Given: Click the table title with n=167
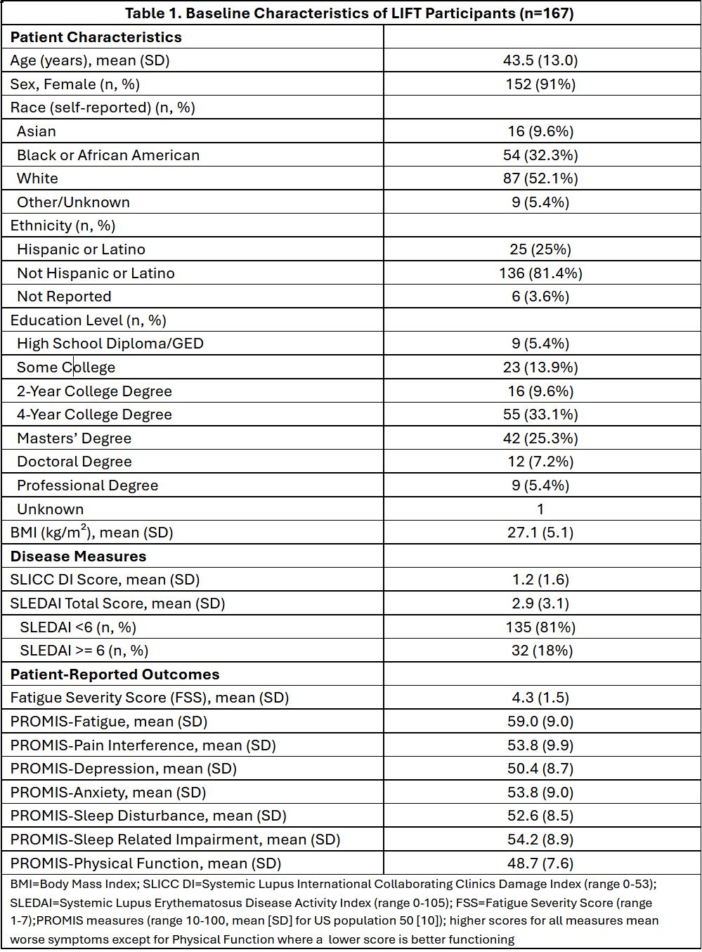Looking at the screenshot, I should point(349,13).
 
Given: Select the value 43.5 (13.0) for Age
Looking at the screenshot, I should point(540,60).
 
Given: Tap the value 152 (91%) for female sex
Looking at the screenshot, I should point(540,84).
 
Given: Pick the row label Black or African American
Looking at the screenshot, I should point(108,155).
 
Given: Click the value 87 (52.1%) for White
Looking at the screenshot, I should point(540,178).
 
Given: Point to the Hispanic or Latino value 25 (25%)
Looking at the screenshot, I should point(540,249).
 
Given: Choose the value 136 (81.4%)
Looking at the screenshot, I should point(540,273).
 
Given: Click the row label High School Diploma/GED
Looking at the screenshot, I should point(110,344).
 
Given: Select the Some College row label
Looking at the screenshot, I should point(66,367).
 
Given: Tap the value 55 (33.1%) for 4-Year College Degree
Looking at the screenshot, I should point(540,415).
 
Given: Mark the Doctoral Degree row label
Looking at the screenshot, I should point(74,462).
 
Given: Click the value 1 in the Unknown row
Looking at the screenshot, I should point(540,509).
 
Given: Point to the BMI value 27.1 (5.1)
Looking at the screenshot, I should point(540,533).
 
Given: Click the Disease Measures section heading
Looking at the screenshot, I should point(78,556).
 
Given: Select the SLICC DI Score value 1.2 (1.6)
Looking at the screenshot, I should point(540,580).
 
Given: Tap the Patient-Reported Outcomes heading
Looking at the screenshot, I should point(115,674).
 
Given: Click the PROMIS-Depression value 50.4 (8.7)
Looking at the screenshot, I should point(540,769).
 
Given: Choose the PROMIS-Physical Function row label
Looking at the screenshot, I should point(145,863).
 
